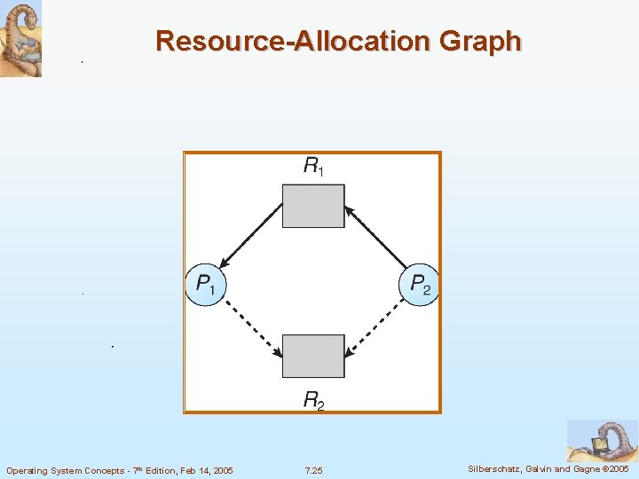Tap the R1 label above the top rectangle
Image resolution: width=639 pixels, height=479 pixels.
(x=313, y=165)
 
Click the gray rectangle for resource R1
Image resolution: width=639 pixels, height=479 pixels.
(x=313, y=206)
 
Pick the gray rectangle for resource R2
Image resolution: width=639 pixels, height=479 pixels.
(x=313, y=356)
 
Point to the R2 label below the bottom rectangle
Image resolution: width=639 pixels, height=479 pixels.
(x=313, y=400)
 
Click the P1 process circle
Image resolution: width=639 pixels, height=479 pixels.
(x=205, y=285)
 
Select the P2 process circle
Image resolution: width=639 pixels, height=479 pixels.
(x=420, y=285)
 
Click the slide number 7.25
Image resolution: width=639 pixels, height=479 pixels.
(x=313, y=470)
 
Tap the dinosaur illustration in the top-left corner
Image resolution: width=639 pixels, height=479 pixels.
(x=20, y=38)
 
